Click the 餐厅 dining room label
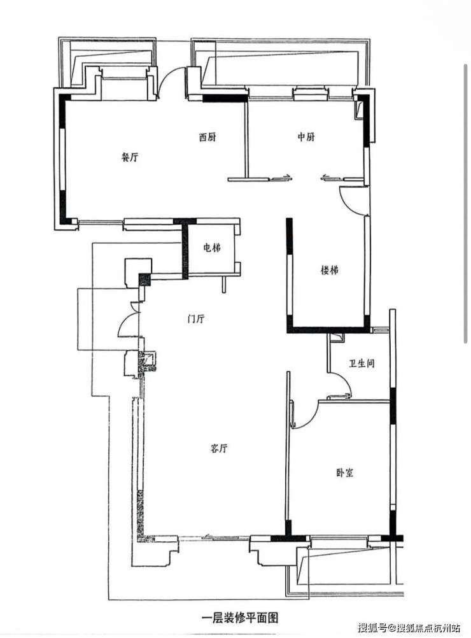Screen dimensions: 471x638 [x=130, y=157]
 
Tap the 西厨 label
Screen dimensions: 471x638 [x=207, y=138]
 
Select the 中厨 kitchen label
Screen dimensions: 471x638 [x=306, y=137]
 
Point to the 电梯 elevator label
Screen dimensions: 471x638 [x=211, y=248]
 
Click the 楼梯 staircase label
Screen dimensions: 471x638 [x=330, y=270]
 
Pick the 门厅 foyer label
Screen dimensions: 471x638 [x=195, y=318]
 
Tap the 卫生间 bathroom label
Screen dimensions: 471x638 [x=362, y=364]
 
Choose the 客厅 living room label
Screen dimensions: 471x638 [x=219, y=448]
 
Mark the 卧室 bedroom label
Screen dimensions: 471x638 [x=344, y=473]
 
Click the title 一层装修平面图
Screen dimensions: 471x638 [x=240, y=618]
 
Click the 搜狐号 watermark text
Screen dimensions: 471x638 [x=371, y=627]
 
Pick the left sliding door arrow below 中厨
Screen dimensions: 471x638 [x=280, y=177]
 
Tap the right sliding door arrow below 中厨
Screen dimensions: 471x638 [x=332, y=177]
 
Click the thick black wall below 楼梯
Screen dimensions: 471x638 [x=328, y=330]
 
